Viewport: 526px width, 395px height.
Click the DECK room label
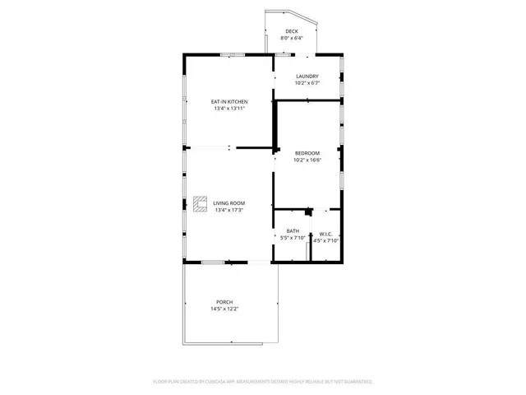(292, 30)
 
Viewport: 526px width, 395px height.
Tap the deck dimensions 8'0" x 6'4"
(292, 38)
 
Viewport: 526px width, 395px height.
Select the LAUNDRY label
(307, 77)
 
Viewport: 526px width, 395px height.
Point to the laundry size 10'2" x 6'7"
(307, 83)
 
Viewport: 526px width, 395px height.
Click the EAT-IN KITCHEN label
(229, 102)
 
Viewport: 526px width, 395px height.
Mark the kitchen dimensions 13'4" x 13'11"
(229, 109)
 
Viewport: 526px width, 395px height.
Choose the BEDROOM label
(307, 153)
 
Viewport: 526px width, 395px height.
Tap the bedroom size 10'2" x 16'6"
(307, 160)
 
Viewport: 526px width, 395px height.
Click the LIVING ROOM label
(229, 203)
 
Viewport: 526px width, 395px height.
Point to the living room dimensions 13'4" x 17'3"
(229, 210)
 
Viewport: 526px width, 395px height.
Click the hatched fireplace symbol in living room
(201, 204)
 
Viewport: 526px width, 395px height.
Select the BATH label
(293, 231)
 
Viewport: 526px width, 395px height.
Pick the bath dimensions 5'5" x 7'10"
(293, 238)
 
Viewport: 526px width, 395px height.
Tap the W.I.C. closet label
(326, 234)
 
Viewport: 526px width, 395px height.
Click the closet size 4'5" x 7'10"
(326, 240)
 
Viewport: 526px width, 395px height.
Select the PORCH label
(224, 302)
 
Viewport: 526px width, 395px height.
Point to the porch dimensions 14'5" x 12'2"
(224, 309)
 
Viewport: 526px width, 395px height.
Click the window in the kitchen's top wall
(231, 55)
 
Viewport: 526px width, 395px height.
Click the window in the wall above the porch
(213, 263)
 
